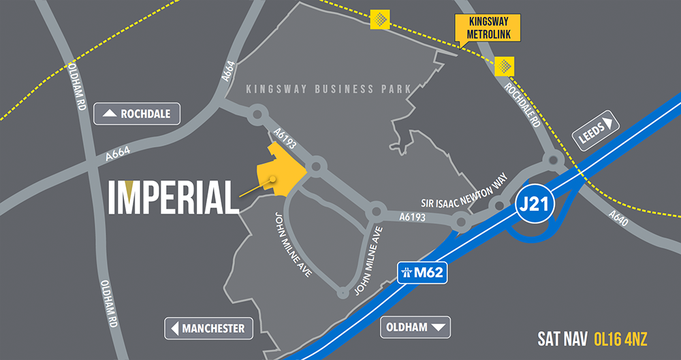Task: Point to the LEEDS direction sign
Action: coord(597,131)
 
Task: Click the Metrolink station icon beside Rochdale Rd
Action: coord(505,66)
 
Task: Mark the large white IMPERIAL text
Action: coord(174,197)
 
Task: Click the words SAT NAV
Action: coord(563,338)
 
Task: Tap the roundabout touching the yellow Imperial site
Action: coord(315,166)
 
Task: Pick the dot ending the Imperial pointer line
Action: coord(272,180)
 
